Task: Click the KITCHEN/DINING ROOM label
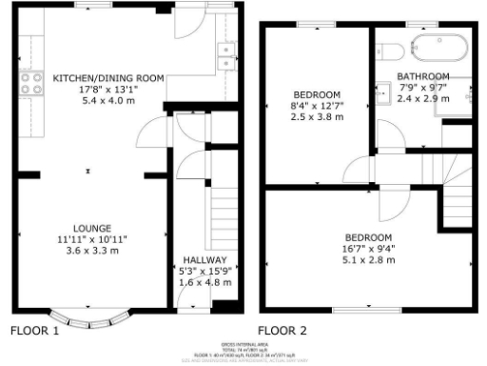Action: (x=108, y=77)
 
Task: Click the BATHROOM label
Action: (x=423, y=76)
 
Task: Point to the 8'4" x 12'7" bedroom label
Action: (x=317, y=107)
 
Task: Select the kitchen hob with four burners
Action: (x=31, y=84)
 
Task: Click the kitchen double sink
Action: (x=226, y=56)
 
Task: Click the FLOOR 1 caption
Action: (x=34, y=332)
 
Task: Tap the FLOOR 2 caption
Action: (x=282, y=332)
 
